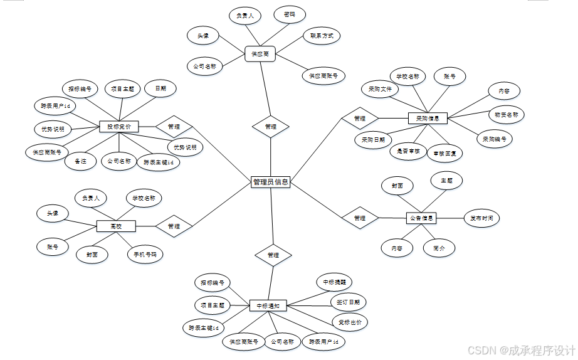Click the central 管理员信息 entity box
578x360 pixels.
click(270, 182)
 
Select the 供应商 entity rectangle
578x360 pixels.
click(260, 55)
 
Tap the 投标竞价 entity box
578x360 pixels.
click(118, 127)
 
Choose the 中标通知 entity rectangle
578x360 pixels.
click(268, 306)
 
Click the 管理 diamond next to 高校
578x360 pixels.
click(174, 226)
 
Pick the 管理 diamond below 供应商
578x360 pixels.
click(270, 126)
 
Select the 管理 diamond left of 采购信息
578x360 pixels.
click(359, 118)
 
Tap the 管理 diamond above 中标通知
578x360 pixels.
click(273, 255)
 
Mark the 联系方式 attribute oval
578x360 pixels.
click(321, 36)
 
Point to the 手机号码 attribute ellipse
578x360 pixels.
click(145, 255)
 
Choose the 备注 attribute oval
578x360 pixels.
click(80, 161)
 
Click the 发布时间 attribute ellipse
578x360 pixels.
click(481, 218)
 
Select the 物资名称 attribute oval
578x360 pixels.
click(506, 115)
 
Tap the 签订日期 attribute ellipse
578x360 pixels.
click(348, 302)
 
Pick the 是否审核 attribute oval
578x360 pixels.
click(408, 151)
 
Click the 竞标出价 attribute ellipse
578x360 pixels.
click(349, 322)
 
